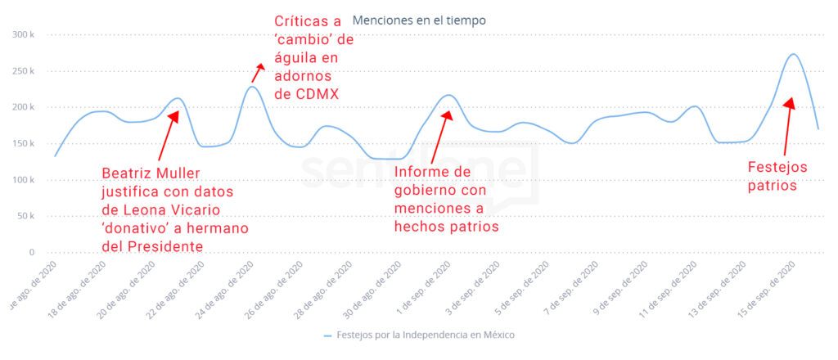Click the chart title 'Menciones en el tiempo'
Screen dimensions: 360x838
click(x=418, y=20)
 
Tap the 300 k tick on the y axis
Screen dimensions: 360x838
click(x=23, y=35)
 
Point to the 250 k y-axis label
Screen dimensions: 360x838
click(x=23, y=71)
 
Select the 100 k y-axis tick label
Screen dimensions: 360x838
click(x=23, y=180)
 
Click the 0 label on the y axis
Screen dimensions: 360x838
click(x=30, y=253)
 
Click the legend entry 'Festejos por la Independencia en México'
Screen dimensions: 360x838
click(x=423, y=335)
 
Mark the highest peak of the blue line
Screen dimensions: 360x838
click(x=793, y=54)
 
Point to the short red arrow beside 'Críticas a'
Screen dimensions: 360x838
click(x=258, y=72)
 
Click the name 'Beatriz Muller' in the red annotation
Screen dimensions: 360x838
click(x=151, y=173)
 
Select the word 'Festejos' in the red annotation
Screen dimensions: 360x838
click(x=777, y=167)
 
